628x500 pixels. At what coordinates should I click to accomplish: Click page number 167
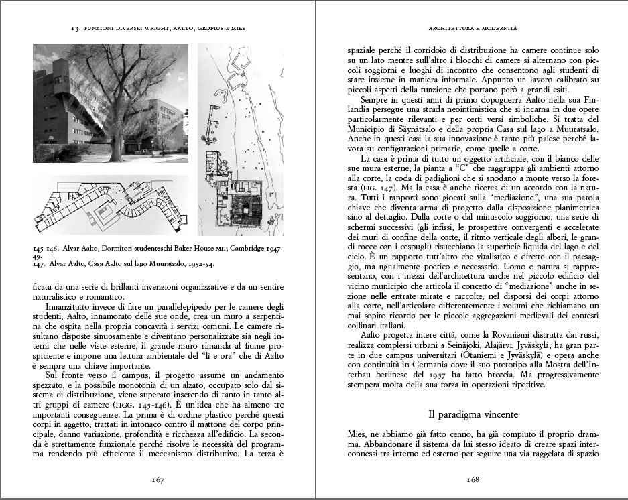click(158, 479)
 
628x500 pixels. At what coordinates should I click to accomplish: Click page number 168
click(473, 479)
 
